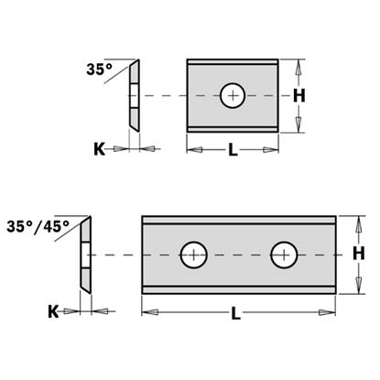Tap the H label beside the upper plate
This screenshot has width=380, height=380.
(298, 95)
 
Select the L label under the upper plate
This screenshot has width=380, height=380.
(233, 152)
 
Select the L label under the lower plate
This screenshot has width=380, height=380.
(236, 314)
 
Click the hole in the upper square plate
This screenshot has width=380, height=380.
(233, 95)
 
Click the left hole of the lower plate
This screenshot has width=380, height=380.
(192, 255)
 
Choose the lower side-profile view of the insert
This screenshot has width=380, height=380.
(85, 254)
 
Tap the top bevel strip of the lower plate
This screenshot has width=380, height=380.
(239, 222)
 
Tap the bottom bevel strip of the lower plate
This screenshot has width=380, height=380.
(239, 287)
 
